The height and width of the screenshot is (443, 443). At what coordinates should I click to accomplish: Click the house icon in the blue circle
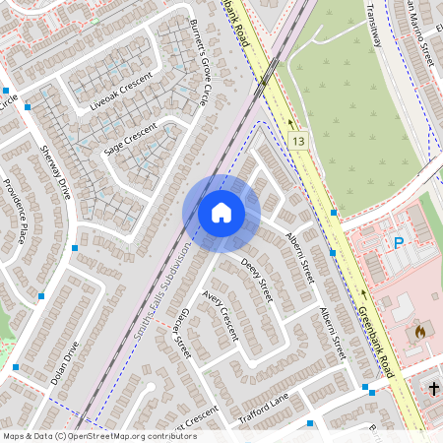(221, 213)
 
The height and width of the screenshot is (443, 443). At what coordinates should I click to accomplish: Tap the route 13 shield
(297, 141)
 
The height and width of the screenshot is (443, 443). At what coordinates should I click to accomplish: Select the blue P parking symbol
(399, 243)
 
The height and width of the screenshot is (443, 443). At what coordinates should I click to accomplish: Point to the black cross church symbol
(433, 388)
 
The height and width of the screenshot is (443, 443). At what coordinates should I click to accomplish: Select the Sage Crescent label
(130, 140)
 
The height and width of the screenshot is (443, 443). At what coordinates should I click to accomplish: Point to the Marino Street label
(414, 30)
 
